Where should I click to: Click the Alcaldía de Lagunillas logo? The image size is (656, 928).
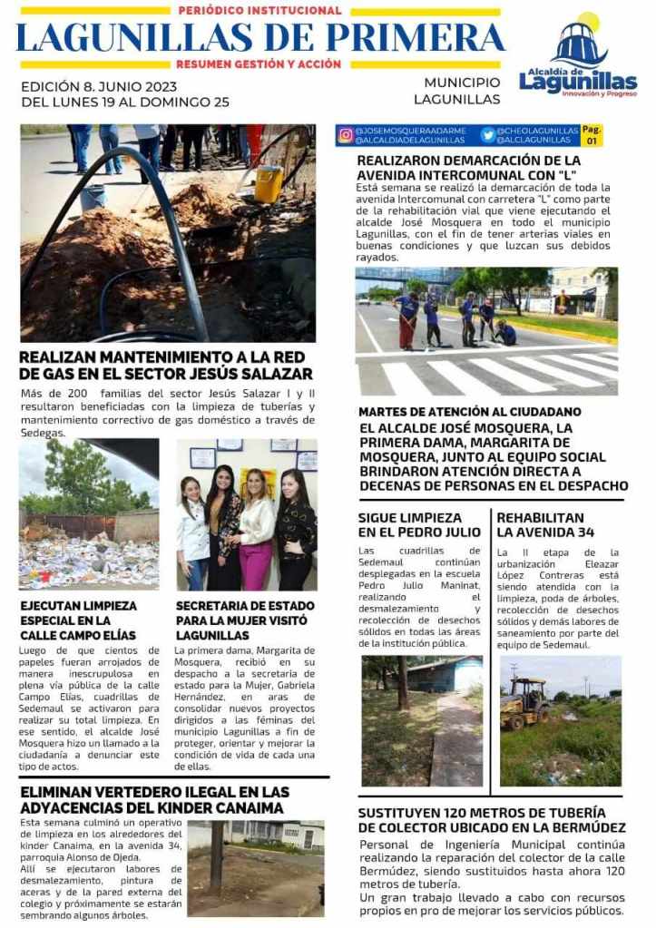[x=578, y=56]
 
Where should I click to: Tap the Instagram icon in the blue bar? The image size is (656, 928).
[x=346, y=135]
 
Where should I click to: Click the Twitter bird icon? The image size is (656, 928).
[x=488, y=135]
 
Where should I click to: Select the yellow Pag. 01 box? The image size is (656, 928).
[x=592, y=135]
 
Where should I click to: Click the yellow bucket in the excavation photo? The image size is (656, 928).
[x=268, y=184]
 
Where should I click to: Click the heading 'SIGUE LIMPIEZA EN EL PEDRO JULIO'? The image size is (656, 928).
[x=409, y=524]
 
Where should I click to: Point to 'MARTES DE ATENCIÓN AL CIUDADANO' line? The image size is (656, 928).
[x=469, y=412]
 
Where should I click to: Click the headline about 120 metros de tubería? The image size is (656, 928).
[x=491, y=820]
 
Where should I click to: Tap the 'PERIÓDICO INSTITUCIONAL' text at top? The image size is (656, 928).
[x=259, y=11]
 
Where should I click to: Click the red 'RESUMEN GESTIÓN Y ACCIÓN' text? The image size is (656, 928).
[x=259, y=64]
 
